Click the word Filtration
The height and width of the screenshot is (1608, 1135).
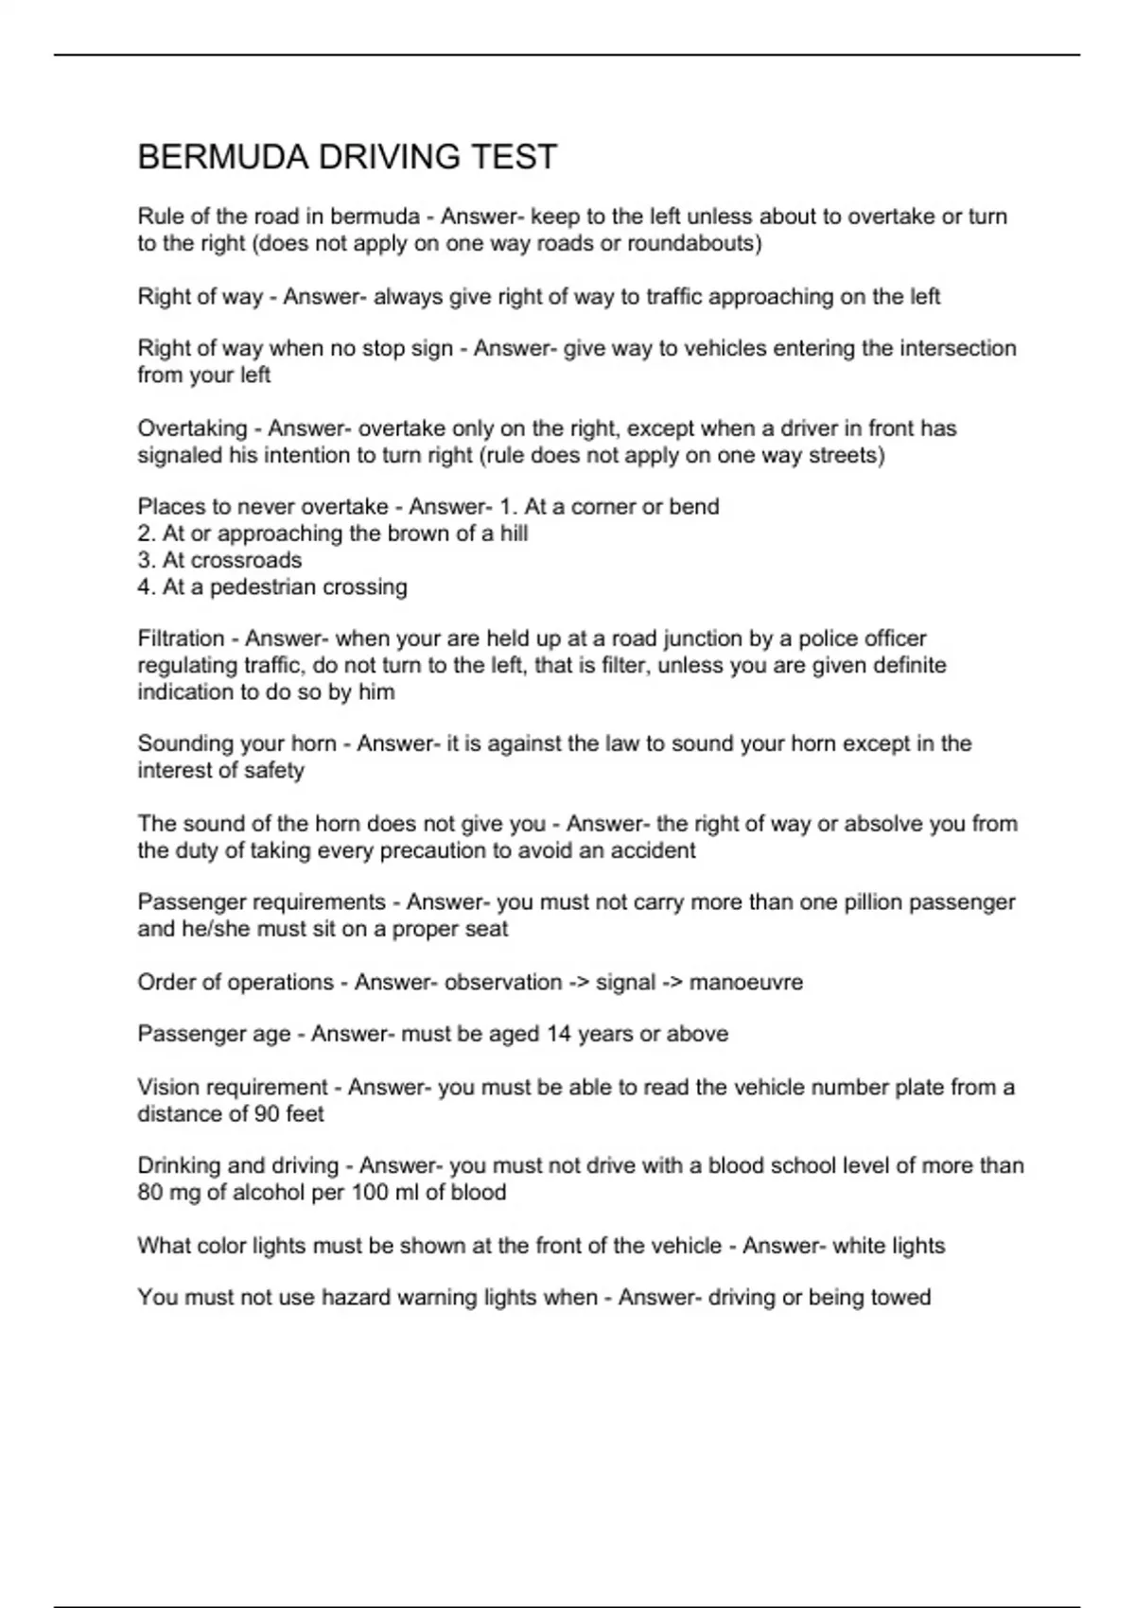(181, 638)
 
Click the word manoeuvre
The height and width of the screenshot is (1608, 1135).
(745, 982)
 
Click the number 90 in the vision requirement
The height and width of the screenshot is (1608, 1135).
(267, 1114)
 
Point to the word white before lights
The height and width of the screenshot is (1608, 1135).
(857, 1246)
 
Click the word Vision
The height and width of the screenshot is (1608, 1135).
(168, 1087)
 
